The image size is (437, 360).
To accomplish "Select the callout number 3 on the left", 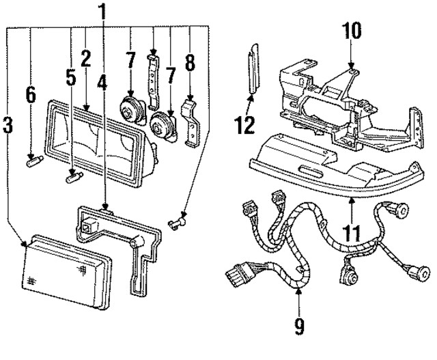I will [x=8, y=126].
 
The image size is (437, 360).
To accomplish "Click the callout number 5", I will [x=71, y=77].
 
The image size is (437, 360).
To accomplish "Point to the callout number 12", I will [x=244, y=125].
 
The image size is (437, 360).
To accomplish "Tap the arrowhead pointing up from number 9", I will [x=298, y=291].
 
